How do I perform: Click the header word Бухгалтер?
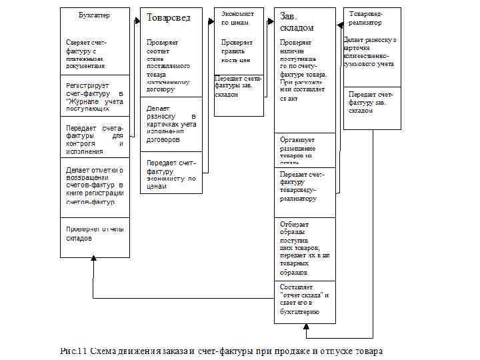94,15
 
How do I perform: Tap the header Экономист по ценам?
237,18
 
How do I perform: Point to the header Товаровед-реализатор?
371,17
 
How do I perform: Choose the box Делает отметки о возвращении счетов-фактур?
94,186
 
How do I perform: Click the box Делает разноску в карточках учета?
171,123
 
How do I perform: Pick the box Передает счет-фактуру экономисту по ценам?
171,173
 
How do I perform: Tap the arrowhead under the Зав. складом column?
307,327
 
